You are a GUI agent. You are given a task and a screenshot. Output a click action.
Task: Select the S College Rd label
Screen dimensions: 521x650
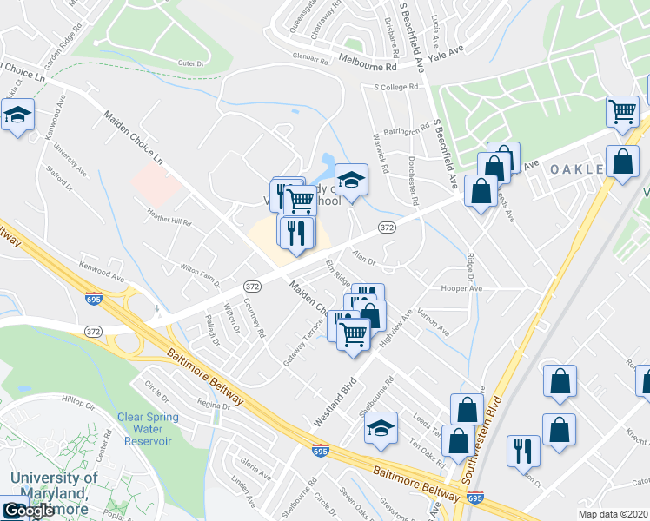click(x=395, y=87)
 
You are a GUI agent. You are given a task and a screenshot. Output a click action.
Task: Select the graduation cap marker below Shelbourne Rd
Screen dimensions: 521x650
click(x=380, y=428)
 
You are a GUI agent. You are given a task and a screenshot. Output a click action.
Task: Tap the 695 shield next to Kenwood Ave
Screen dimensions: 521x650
click(x=93, y=299)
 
